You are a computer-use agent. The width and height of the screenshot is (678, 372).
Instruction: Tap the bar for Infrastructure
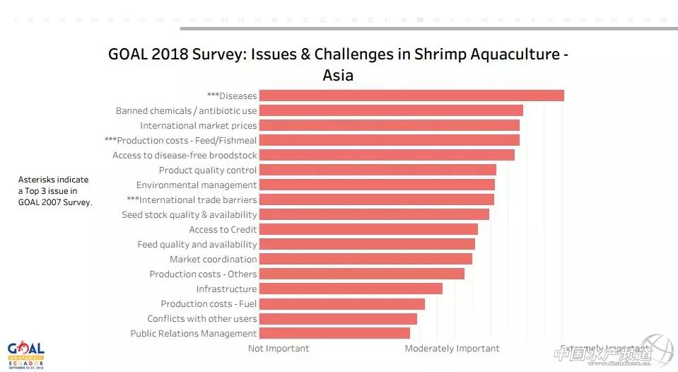(351, 289)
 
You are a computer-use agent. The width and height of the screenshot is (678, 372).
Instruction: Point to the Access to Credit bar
(368, 229)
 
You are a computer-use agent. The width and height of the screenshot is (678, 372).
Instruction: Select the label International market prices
(199, 125)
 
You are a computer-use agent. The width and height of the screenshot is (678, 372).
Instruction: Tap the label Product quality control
(208, 170)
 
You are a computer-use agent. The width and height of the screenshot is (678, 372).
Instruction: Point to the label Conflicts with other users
(202, 318)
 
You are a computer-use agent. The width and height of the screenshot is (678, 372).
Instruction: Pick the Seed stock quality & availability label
(189, 214)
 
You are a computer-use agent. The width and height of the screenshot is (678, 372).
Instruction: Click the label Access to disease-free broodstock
(185, 155)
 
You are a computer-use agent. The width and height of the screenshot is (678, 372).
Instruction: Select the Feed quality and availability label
(197, 244)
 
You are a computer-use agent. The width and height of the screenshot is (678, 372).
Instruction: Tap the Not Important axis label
(279, 348)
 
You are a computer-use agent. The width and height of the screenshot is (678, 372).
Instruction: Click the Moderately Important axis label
(452, 348)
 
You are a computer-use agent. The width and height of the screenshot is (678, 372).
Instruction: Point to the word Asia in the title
(338, 74)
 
